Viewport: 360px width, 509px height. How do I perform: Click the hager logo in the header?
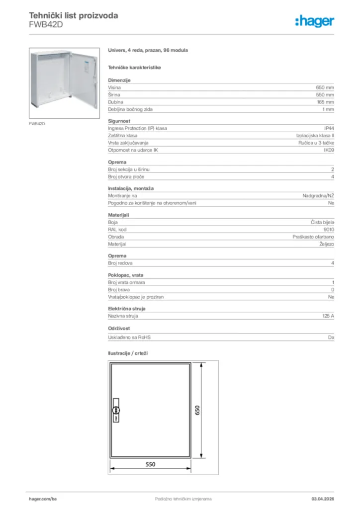314,21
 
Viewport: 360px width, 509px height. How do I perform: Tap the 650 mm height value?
325,87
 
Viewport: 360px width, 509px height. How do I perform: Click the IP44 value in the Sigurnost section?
329,128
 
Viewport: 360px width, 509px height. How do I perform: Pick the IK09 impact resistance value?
329,150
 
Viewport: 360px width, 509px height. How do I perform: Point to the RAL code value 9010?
329,230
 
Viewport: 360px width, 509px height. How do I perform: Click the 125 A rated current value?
328,316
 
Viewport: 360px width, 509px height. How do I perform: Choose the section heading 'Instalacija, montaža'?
131,189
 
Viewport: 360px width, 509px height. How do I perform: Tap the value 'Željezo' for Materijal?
327,244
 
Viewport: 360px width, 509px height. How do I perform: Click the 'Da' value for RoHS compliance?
331,338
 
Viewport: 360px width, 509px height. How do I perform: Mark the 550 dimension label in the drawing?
151,464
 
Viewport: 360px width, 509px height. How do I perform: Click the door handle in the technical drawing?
115,411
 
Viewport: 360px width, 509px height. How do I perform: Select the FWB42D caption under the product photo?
37,123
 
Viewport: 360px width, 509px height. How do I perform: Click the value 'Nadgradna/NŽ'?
318,196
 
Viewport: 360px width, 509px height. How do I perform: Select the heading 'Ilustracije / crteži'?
128,353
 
